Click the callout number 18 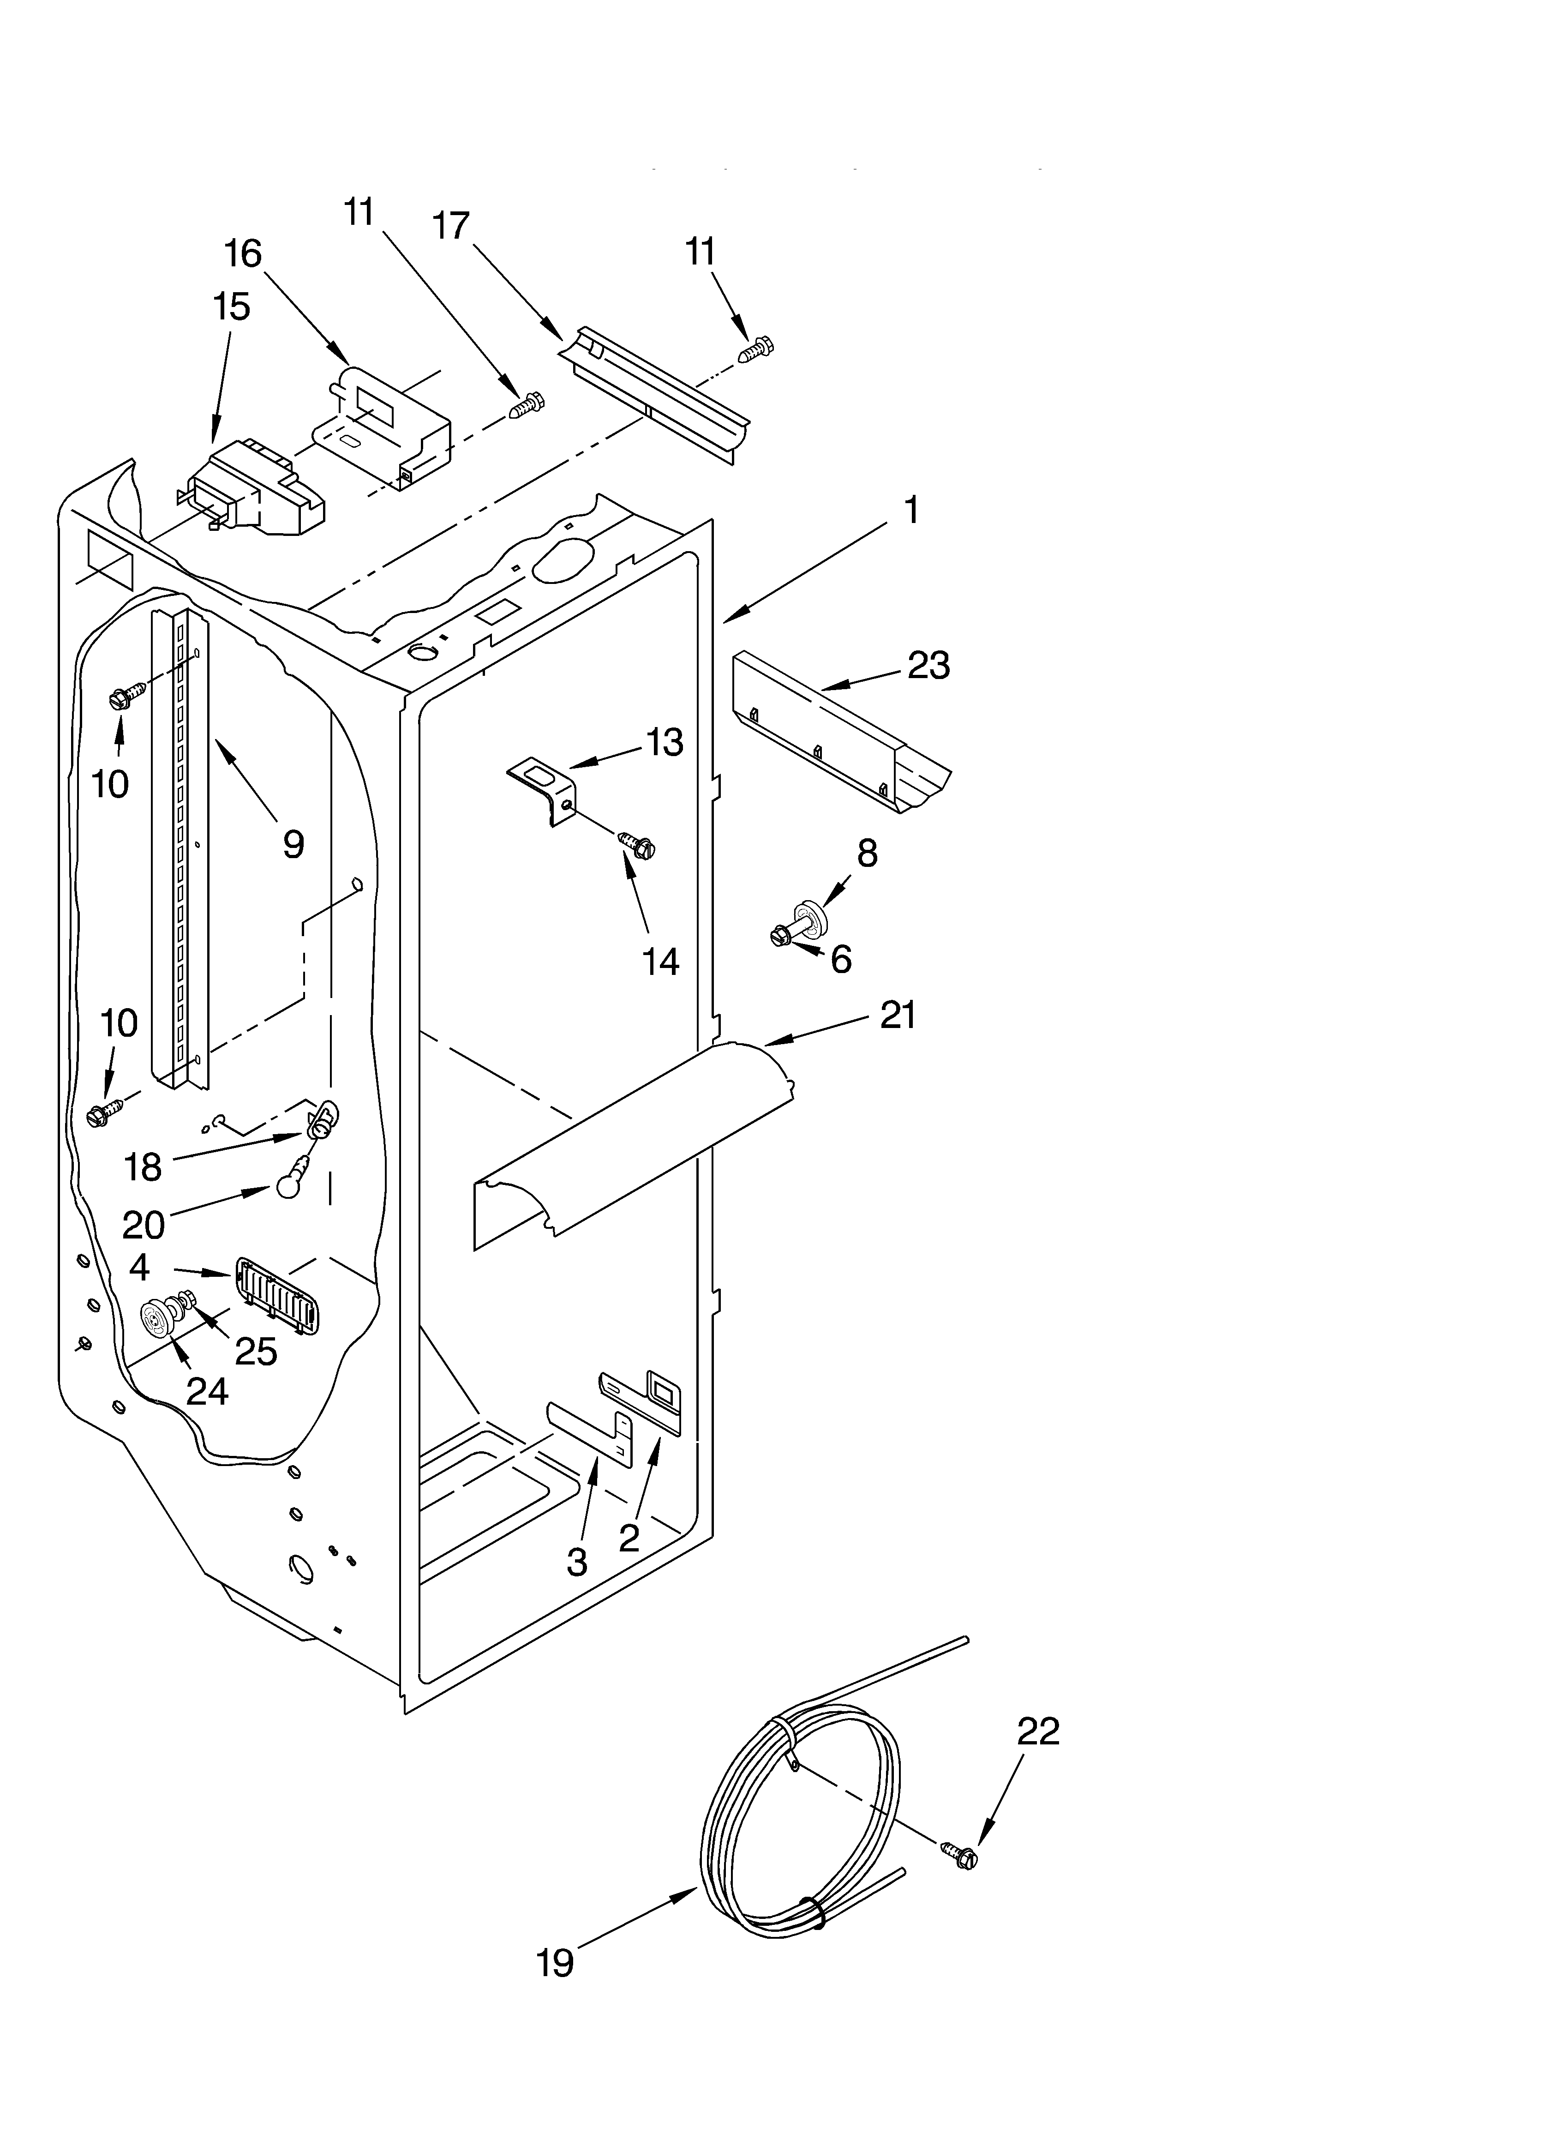(x=143, y=1167)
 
